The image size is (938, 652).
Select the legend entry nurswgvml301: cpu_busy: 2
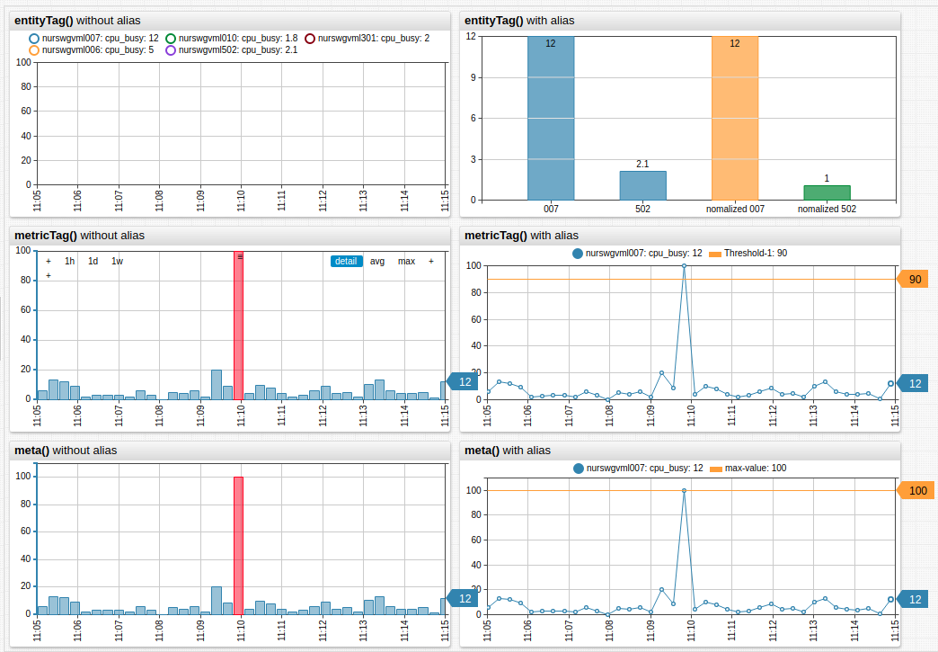(367, 39)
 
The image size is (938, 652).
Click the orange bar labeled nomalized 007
(734, 118)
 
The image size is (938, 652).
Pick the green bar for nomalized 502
(827, 192)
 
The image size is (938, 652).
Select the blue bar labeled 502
(642, 185)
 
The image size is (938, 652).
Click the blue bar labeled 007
(550, 118)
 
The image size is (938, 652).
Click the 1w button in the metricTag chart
(118, 262)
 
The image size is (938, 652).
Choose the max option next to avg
(406, 262)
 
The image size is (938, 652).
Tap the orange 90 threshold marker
(914, 280)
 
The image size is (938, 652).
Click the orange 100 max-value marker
(916, 490)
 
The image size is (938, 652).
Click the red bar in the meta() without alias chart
(239, 545)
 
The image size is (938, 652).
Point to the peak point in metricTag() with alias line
(684, 266)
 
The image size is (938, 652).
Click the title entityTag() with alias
(518, 20)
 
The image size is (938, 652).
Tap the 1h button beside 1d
(70, 262)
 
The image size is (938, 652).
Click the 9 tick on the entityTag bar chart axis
(471, 77)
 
